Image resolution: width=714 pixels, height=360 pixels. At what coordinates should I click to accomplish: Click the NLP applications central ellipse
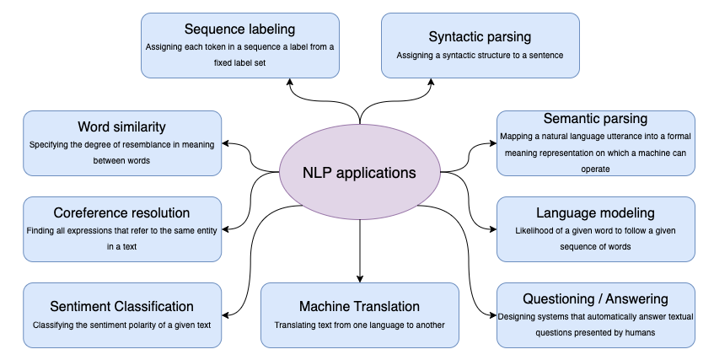point(360,173)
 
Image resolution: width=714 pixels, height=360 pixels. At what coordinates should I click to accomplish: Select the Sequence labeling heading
point(240,30)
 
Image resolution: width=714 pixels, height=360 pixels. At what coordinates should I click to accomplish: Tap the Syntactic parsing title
point(480,37)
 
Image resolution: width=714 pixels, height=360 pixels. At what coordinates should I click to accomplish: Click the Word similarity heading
point(122,127)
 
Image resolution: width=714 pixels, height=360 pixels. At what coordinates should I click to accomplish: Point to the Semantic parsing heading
point(595,119)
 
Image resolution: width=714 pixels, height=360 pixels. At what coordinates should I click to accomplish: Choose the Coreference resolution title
point(122,212)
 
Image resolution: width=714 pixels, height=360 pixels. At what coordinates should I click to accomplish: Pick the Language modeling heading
point(595,212)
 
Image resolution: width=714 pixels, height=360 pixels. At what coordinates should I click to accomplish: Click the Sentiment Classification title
point(122,306)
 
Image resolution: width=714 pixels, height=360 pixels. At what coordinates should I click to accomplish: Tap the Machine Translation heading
point(360,306)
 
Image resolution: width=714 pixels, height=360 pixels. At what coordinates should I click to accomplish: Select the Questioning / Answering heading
point(595,298)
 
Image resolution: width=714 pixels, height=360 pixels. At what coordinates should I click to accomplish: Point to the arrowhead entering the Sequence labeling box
point(289,83)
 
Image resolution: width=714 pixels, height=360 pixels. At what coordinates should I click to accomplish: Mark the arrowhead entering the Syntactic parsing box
point(432,83)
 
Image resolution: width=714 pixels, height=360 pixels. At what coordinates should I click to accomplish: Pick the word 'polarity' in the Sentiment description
point(148,324)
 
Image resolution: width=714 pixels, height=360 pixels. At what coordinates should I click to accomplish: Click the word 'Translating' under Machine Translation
point(297,324)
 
